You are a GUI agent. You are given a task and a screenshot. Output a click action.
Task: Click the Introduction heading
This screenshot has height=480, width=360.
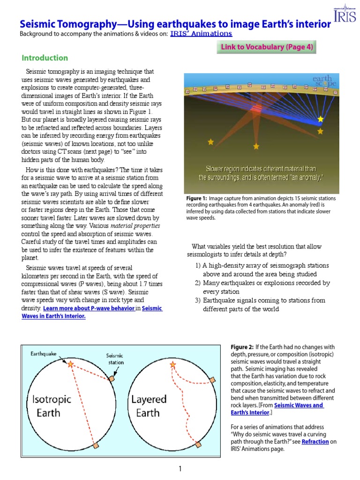point(45,58)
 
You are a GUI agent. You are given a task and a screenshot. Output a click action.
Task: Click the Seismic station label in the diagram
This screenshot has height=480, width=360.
point(114,359)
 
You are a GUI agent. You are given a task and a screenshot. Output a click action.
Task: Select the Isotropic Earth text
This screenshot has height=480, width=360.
point(52,406)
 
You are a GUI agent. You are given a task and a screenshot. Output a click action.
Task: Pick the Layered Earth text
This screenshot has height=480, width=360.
point(149,406)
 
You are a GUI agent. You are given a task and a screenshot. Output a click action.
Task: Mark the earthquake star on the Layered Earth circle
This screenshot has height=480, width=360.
point(173,365)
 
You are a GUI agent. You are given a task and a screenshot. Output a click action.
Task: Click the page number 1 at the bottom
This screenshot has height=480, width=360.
point(180,468)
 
